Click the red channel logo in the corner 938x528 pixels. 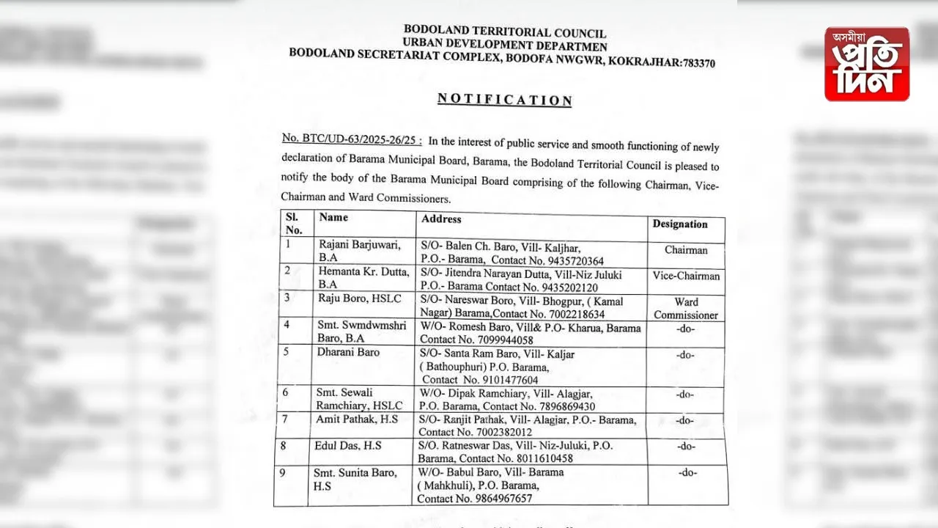tap(866, 64)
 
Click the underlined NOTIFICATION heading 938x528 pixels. tap(504, 100)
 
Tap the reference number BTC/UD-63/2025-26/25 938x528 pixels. tap(350, 139)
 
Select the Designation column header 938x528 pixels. tap(680, 224)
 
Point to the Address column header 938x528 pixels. tap(441, 219)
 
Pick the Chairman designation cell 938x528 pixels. tap(686, 250)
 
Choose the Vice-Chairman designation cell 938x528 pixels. tap(686, 276)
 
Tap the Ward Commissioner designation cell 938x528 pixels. tap(686, 309)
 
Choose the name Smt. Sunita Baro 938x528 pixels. tap(356, 473)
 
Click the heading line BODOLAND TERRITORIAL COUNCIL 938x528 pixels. tap(504, 32)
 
